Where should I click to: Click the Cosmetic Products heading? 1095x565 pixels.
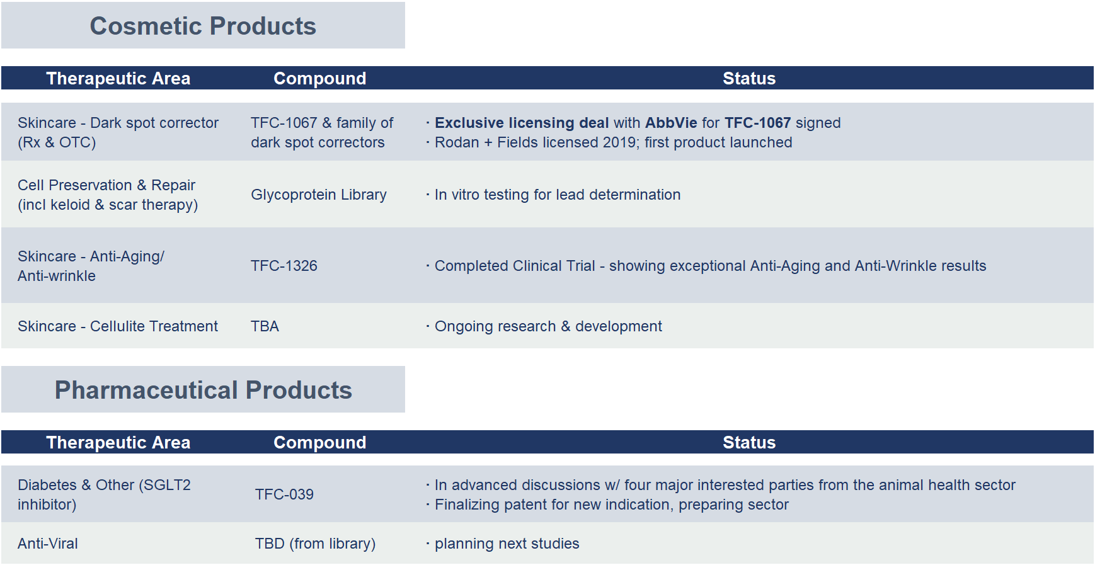[x=203, y=26]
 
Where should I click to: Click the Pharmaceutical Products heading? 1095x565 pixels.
[x=203, y=390]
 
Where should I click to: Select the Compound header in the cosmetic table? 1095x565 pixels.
[x=319, y=78]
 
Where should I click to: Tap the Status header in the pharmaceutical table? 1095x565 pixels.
[x=749, y=442]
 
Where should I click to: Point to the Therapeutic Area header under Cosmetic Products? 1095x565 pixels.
[x=118, y=78]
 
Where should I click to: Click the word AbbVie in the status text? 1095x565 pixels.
[x=671, y=123]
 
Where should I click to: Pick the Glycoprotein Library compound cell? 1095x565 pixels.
[x=319, y=195]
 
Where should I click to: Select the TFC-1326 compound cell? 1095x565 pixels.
[x=284, y=266]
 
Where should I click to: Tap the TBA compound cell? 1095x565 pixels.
[x=265, y=326]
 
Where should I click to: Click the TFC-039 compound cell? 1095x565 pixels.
[x=284, y=494]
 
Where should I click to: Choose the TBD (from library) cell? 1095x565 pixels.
[x=315, y=544]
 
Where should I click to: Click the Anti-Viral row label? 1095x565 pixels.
[x=48, y=544]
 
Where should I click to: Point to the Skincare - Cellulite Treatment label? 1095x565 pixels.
[x=118, y=326]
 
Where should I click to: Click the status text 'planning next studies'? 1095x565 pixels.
[x=507, y=544]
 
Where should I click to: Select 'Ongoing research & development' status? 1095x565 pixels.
[x=548, y=326]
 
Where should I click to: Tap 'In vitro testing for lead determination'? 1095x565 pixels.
[x=558, y=195]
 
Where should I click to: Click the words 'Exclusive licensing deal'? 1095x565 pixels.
[x=522, y=123]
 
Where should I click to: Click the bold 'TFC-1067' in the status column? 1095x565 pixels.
[x=757, y=123]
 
